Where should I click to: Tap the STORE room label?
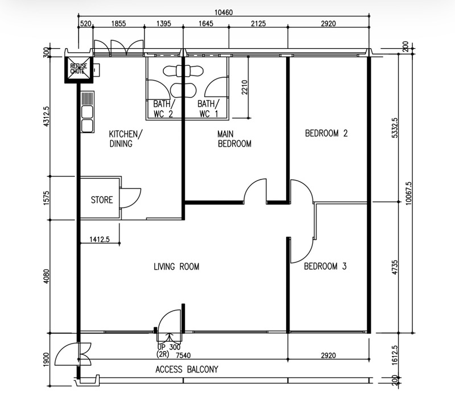(102, 200)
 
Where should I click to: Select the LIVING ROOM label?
(176, 266)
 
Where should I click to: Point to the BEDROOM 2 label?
(326, 133)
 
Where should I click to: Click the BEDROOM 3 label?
(325, 266)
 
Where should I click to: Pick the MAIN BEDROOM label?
(234, 139)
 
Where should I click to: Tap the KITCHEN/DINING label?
(126, 139)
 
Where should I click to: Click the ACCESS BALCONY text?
(187, 370)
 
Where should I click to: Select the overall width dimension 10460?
(224, 12)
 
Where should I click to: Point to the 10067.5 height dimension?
(408, 193)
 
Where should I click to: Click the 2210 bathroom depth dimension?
(245, 87)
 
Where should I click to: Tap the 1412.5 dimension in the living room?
(100, 239)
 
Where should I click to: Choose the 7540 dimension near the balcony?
(183, 355)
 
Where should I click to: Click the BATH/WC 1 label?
(208, 108)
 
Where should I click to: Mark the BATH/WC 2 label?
(164, 108)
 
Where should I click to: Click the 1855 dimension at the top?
(119, 23)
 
